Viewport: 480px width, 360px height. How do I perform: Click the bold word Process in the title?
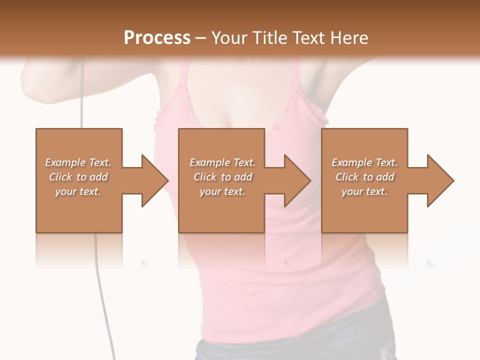(157, 38)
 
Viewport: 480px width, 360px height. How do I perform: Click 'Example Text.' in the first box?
(78, 162)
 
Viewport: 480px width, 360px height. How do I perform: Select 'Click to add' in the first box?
(78, 177)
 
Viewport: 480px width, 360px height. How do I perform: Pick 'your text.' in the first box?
(78, 191)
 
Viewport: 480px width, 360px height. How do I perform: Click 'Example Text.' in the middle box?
(222, 162)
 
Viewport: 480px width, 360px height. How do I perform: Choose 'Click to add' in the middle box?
(222, 177)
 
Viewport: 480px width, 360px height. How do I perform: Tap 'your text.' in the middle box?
(222, 191)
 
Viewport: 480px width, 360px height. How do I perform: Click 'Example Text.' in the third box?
(364, 162)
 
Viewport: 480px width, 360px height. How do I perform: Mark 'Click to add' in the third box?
(364, 177)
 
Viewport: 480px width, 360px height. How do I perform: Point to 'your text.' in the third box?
(364, 191)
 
